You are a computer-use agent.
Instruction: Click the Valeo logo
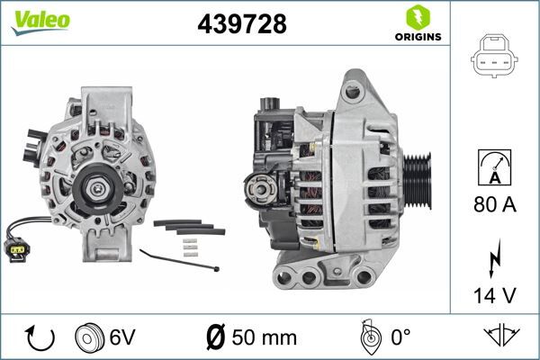point(40,22)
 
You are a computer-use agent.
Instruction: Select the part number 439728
point(241,26)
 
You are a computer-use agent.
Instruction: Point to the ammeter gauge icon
point(495,168)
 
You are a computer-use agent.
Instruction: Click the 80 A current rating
point(495,206)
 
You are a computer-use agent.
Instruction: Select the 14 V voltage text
point(495,294)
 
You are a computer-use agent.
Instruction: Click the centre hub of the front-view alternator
point(94,186)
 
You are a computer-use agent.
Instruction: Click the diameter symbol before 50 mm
point(215,337)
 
